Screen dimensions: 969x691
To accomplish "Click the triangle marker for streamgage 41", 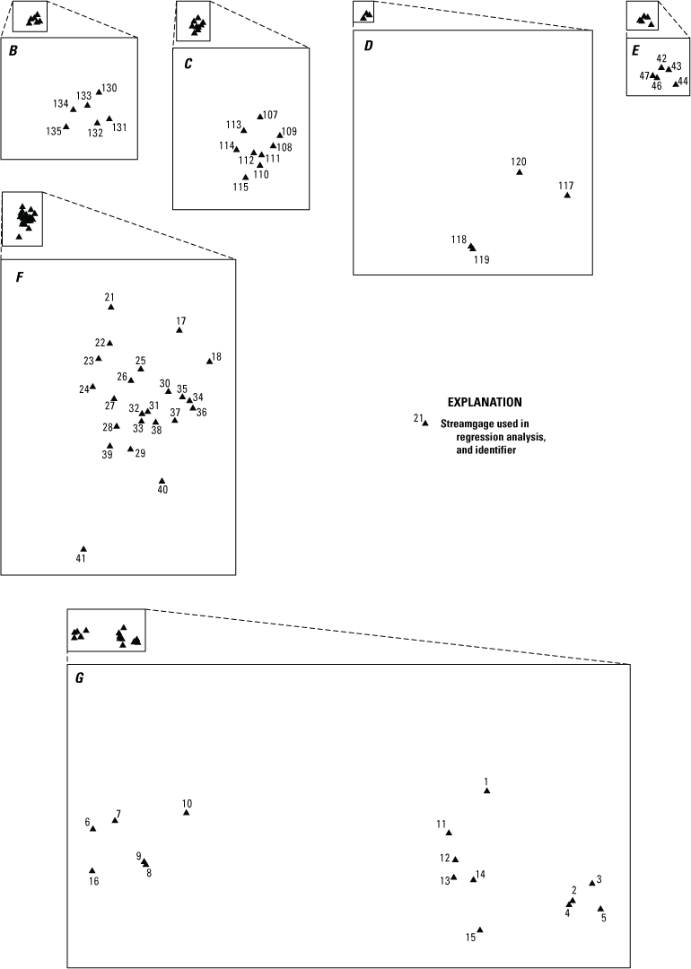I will point(83,549).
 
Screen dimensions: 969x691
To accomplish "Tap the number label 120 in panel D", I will point(519,161).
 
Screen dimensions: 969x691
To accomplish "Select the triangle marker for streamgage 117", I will point(567,195).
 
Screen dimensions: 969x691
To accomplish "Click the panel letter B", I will point(13,51).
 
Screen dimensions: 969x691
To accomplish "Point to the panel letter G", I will point(80,678).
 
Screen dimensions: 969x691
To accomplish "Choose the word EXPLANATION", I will point(485,403).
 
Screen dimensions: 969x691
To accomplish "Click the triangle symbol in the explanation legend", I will point(425,423).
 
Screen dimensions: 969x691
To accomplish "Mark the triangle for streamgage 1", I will point(486,790).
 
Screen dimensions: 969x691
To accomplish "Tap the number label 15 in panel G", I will point(470,938).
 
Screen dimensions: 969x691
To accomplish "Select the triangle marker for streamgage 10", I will point(187,813).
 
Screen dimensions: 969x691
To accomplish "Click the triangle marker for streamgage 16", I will point(92,870).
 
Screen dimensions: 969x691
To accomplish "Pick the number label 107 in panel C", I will point(270,115).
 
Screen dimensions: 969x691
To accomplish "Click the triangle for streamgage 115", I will point(246,177).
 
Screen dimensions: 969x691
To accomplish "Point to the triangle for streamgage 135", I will point(66,126).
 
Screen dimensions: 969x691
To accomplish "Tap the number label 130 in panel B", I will point(109,88).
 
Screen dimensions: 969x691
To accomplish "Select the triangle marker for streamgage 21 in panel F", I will point(110,307).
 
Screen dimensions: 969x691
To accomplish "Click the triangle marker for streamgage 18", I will point(209,361).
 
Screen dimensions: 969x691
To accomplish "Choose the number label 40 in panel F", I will point(162,489).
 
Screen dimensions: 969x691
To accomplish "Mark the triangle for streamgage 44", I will point(676,83).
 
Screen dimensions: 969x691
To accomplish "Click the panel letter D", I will point(368,45).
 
